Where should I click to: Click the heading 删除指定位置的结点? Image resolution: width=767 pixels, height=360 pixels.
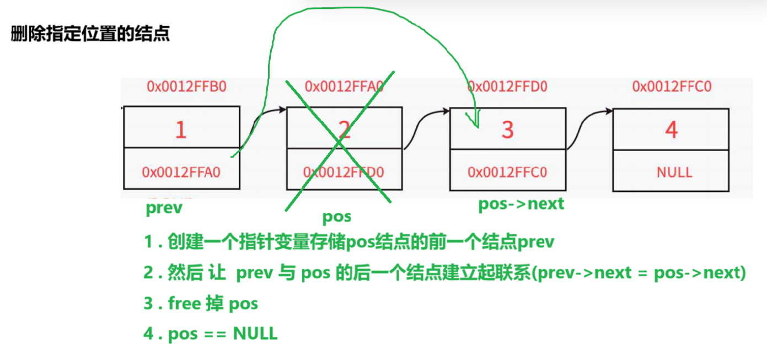point(90,34)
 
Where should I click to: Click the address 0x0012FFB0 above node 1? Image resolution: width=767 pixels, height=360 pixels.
point(186,87)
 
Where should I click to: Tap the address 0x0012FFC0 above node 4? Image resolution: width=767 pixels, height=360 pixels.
point(672,87)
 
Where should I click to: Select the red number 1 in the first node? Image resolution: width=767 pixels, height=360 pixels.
point(181,129)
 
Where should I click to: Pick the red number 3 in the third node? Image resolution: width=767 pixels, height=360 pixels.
point(507,130)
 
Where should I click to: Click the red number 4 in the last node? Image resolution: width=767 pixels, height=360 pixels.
point(671,130)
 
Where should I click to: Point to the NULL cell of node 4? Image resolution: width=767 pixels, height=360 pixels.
point(674,172)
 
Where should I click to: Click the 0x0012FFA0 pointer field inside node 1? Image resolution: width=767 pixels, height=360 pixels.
point(181,172)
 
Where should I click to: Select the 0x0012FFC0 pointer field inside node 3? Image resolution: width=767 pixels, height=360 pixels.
point(507,172)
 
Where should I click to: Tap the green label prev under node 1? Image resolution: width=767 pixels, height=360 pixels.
point(164,208)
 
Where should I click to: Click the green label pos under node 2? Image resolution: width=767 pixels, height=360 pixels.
point(336,217)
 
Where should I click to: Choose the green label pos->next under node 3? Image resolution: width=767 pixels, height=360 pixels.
point(521,204)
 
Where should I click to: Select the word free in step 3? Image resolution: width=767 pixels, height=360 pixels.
point(185,304)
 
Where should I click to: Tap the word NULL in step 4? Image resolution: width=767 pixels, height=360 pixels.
point(255,334)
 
